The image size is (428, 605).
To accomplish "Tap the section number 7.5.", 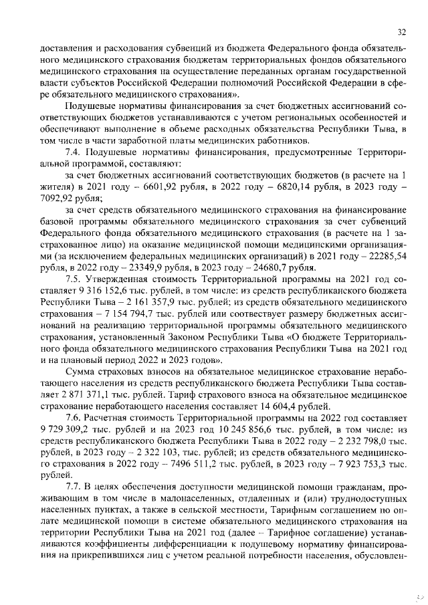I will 74,279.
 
